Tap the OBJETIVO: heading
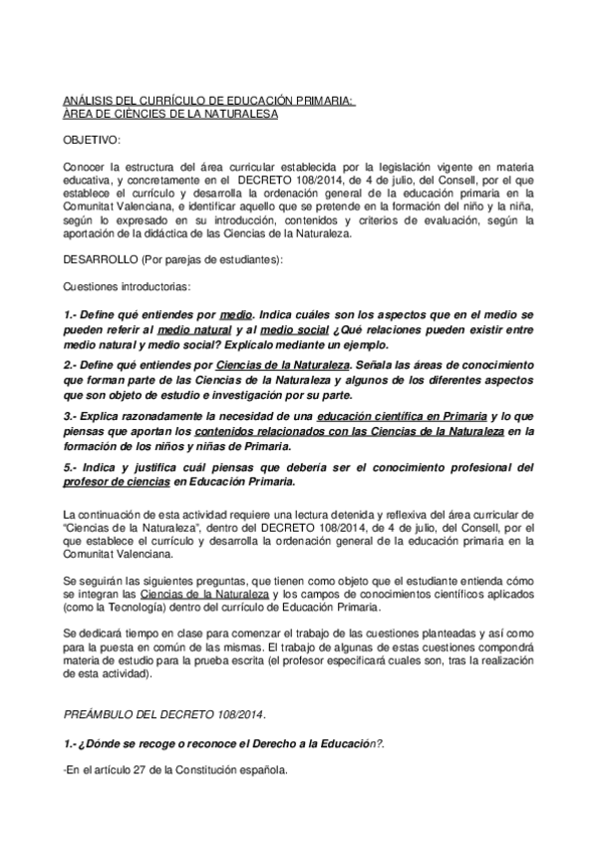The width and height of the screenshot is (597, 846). (x=92, y=141)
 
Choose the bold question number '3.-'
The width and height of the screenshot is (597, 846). (x=72, y=414)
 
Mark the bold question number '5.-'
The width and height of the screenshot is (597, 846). (x=72, y=467)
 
